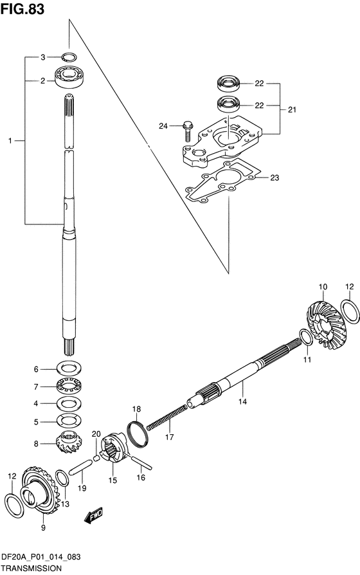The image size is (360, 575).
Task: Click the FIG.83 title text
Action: (22, 9)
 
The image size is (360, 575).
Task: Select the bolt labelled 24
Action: (188, 131)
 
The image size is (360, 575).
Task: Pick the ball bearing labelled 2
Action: (69, 77)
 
